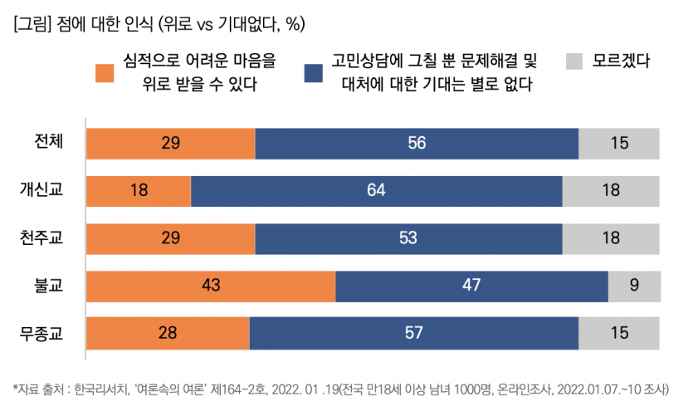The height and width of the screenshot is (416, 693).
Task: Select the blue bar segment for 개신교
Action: click(376, 190)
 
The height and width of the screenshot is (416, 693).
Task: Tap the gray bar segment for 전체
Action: click(618, 143)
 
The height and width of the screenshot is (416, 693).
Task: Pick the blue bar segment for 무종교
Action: click(413, 334)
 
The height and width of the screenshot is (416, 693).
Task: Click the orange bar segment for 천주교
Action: click(171, 238)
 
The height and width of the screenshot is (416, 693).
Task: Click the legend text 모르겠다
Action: click(621, 61)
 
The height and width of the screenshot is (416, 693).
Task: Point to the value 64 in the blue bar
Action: click(376, 190)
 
